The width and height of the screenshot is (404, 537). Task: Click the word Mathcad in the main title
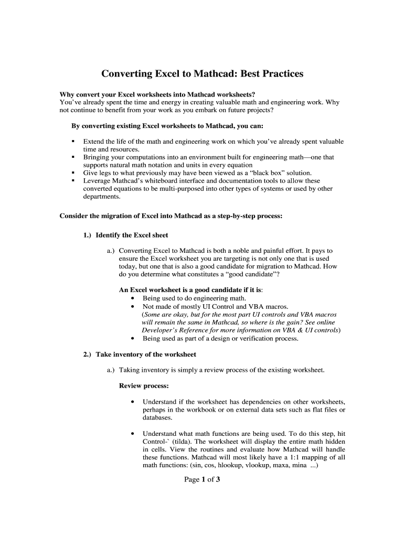pos(215,74)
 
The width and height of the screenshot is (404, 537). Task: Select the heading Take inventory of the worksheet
pos(146,354)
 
